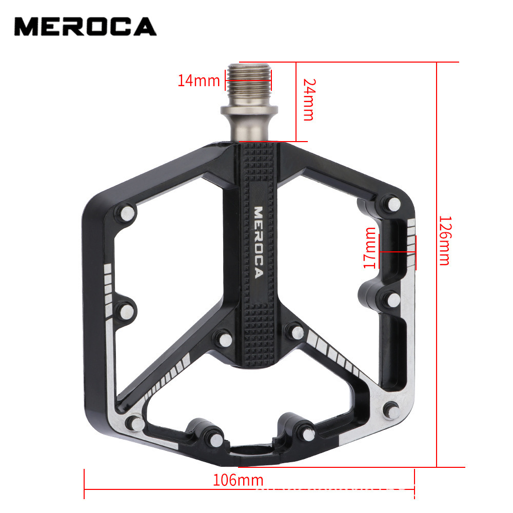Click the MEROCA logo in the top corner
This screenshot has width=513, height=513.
(x=85, y=27)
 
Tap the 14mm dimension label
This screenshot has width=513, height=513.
(x=199, y=81)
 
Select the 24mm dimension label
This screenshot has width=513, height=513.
(x=307, y=100)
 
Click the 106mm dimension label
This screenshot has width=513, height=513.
(x=238, y=480)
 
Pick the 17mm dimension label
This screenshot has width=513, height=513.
(x=369, y=248)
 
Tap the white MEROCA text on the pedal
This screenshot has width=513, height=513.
(x=259, y=242)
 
